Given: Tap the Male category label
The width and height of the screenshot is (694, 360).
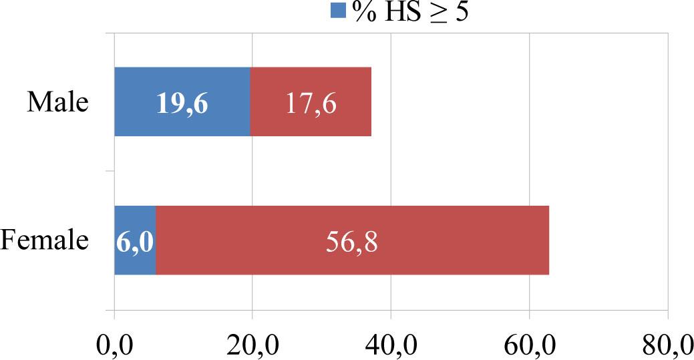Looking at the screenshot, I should pyautogui.click(x=57, y=103).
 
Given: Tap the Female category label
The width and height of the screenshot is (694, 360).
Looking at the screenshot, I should pyautogui.click(x=45, y=240).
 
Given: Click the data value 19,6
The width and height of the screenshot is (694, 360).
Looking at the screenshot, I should pyautogui.click(x=182, y=104).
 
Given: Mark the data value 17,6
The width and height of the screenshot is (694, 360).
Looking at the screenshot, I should pyautogui.click(x=310, y=104).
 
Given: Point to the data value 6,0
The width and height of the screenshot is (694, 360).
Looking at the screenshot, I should pyautogui.click(x=136, y=242).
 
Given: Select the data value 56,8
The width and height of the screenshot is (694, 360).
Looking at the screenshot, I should pyautogui.click(x=352, y=242).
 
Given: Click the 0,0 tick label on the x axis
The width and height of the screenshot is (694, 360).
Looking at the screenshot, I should pyautogui.click(x=114, y=345).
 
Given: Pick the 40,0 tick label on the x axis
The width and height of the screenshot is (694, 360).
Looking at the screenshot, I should pyautogui.click(x=391, y=345).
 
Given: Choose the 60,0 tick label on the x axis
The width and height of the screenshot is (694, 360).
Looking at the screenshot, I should pyautogui.click(x=529, y=345).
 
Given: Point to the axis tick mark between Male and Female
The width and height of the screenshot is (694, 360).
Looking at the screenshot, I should pyautogui.click(x=110, y=171).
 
